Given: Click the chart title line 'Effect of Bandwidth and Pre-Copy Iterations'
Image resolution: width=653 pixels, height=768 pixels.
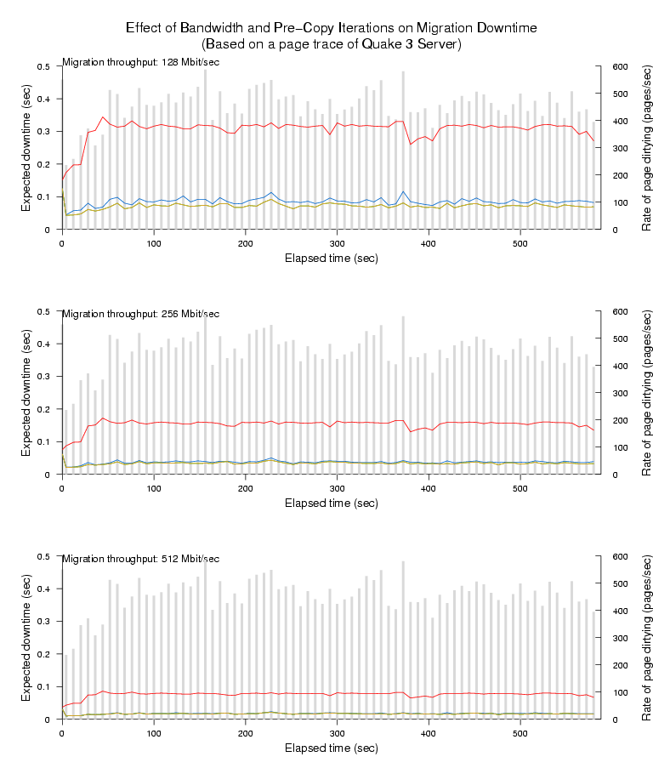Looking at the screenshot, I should pos(331,28).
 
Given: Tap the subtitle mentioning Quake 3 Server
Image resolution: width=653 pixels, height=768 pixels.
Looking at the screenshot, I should pos(331,43).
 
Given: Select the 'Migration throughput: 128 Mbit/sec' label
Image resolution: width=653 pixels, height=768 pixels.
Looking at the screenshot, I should pos(140,62).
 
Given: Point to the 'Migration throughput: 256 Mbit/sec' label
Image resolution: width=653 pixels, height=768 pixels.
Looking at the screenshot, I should pos(140,314).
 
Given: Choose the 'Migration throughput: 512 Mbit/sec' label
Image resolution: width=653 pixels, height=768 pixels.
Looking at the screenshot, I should pos(140,559).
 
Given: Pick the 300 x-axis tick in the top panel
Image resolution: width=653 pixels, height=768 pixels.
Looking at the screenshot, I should pos(337,244).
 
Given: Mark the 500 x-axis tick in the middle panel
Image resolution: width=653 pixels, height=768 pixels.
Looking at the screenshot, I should pos(520,489).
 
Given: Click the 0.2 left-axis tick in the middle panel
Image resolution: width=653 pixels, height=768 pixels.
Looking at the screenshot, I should pos(43,409).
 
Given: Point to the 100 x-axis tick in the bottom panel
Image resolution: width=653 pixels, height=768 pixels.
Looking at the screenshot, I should pos(154,734).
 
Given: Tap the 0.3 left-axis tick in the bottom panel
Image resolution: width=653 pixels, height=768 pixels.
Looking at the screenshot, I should pos(43,622).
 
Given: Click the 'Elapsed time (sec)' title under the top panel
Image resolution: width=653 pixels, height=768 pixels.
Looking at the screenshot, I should pos(331,258).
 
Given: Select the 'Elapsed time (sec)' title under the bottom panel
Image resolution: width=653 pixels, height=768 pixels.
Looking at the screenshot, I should pos(331,748).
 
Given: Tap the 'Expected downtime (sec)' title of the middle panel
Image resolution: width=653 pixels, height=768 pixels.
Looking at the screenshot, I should pos(27,393).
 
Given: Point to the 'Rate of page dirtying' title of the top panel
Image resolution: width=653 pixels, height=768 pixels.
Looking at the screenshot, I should pos(647,148).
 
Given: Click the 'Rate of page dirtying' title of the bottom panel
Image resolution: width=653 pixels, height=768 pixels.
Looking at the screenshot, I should pos(647,638).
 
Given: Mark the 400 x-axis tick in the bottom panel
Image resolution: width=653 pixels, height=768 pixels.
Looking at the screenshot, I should pos(429,734).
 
